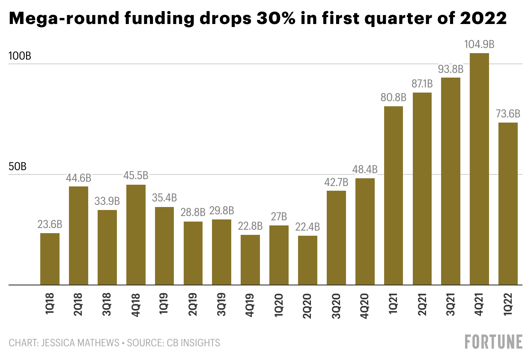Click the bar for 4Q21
[x=479, y=169]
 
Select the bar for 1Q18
[x=50, y=259]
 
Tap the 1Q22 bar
[x=508, y=204]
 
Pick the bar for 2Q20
[x=307, y=260]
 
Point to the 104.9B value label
[x=479, y=45]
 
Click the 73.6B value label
[x=508, y=114]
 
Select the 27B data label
[x=279, y=216]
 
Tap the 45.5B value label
[x=136, y=176]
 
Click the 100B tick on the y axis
[x=20, y=57]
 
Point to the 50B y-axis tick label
[x=18, y=167]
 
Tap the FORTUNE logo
[x=494, y=342]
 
